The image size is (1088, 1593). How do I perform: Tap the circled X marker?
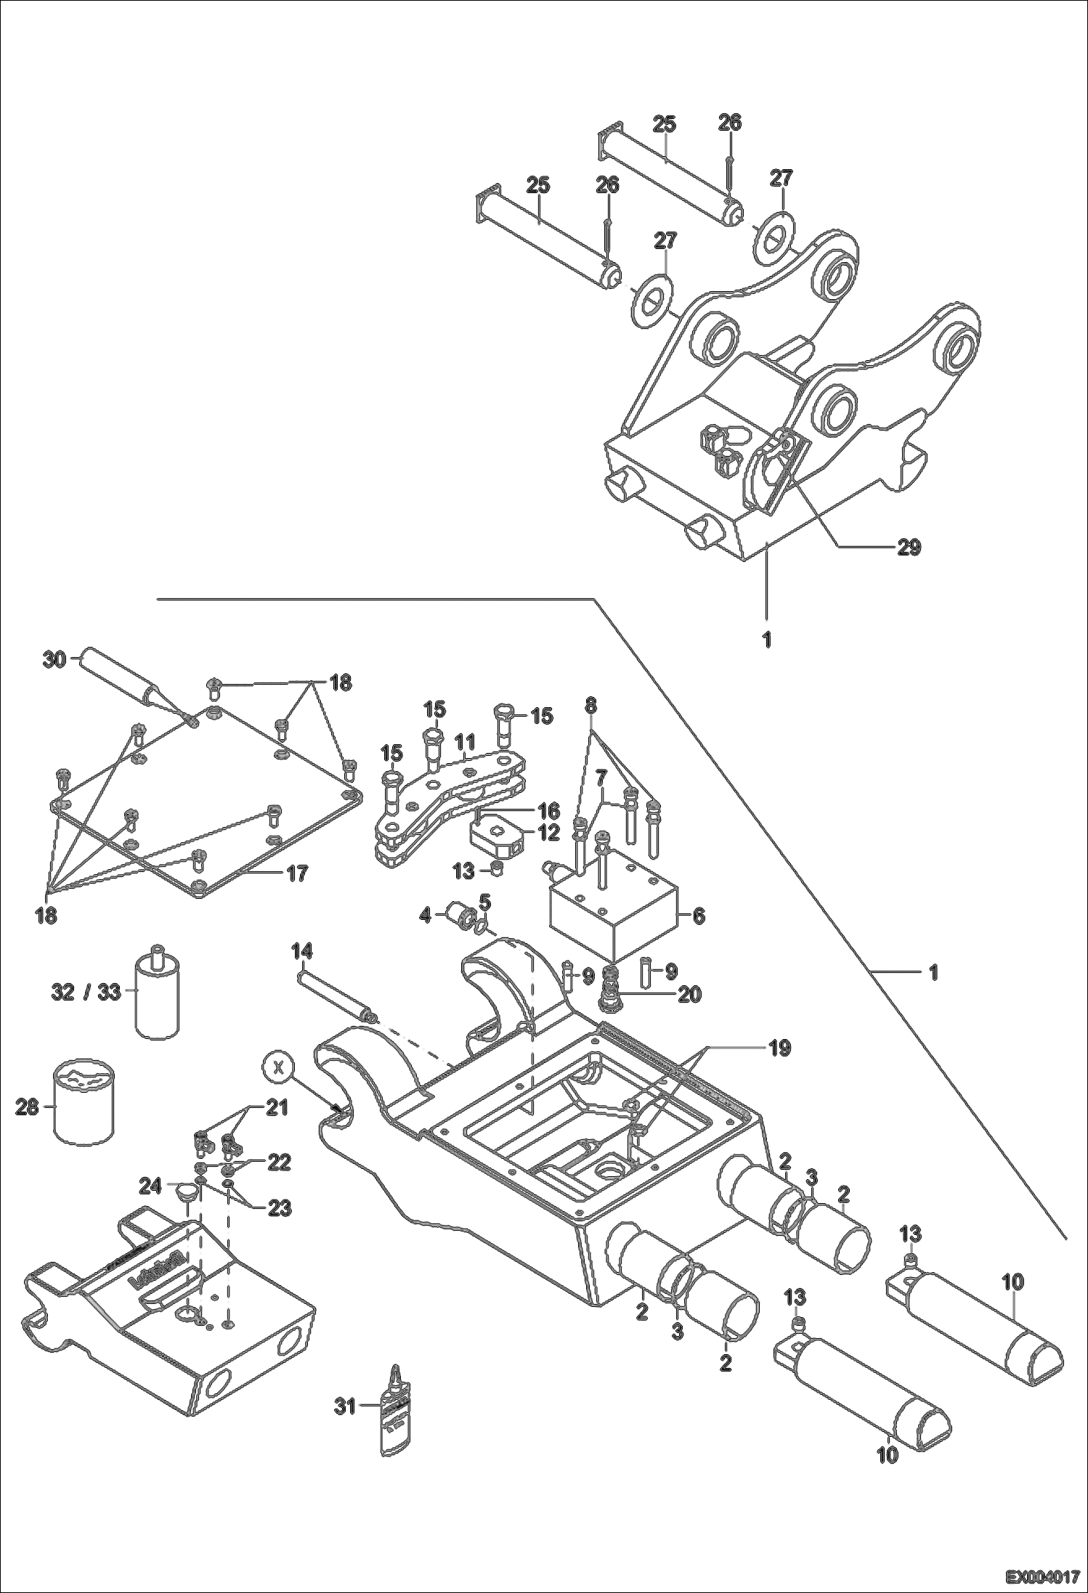277,1067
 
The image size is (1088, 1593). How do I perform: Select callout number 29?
909,547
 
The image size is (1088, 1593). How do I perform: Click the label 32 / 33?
86,992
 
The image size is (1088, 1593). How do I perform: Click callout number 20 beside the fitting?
689,994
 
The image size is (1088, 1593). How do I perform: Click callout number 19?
779,1048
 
